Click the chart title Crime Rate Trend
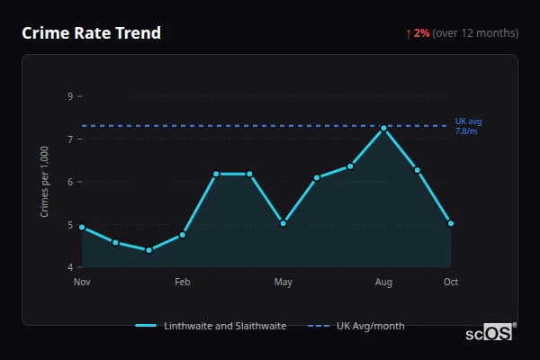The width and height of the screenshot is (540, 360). tap(91, 33)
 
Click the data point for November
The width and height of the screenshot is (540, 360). tap(82, 227)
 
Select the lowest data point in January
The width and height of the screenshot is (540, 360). tap(148, 250)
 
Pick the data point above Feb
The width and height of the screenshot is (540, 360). tap(183, 235)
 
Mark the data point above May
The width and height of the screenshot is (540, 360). tap(283, 223)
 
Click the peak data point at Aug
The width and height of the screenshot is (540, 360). tap(383, 128)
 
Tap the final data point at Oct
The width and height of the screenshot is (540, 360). tap(451, 223)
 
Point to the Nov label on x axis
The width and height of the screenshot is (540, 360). tap(82, 283)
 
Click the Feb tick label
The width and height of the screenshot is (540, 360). tap(183, 283)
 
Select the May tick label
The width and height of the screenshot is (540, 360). tap(283, 283)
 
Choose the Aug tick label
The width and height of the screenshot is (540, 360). tap(383, 283)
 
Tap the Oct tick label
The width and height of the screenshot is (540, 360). tap(451, 283)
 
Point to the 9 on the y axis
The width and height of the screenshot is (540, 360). tap(70, 96)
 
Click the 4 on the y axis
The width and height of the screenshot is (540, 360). tap(70, 267)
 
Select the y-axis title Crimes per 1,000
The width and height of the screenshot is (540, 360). tap(45, 182)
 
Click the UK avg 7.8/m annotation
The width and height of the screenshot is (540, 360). tap(468, 126)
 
